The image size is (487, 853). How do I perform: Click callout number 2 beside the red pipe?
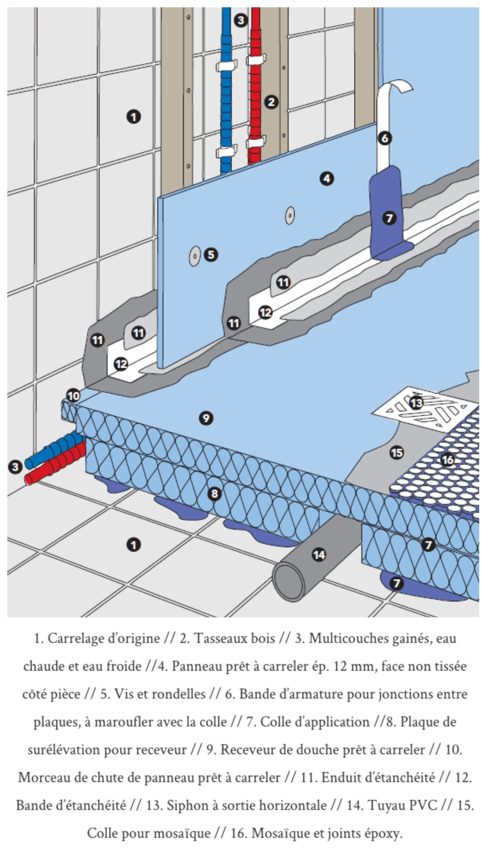click(x=271, y=102)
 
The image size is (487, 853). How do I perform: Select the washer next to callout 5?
click(x=195, y=256)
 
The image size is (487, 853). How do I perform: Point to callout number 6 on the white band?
click(x=385, y=138)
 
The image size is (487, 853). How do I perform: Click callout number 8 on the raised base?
click(x=214, y=494)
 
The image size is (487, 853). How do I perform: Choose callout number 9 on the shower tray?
click(x=206, y=418)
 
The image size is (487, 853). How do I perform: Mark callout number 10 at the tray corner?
click(x=74, y=396)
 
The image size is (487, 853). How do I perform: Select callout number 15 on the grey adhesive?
click(x=397, y=453)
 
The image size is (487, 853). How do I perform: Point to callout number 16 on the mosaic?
click(x=448, y=460)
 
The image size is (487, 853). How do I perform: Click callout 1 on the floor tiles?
click(x=133, y=545)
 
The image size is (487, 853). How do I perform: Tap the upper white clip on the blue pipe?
click(x=226, y=65)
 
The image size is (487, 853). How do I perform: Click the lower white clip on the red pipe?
click(x=256, y=142)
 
